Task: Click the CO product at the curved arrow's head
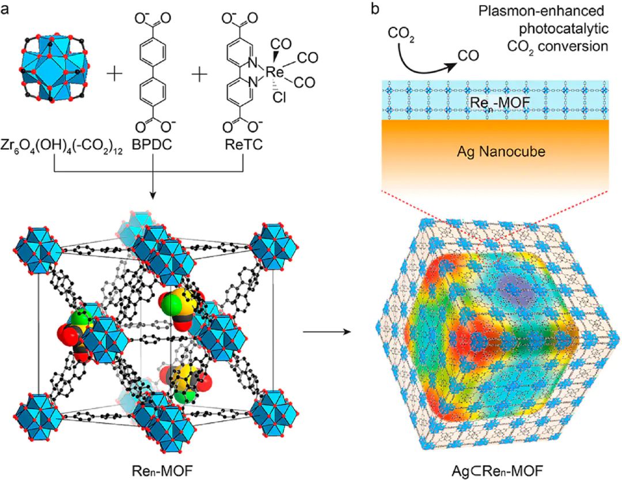click(468, 56)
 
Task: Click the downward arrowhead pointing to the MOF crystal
click(152, 196)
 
